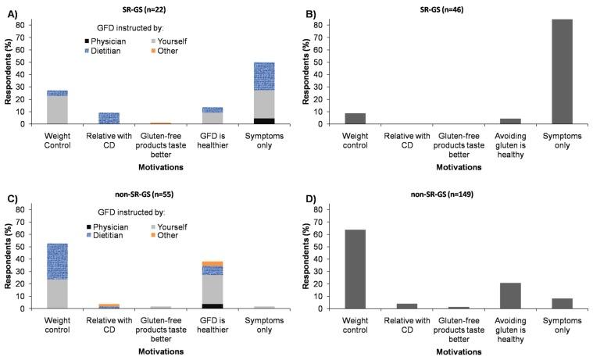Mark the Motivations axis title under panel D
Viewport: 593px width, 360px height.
coord(458,351)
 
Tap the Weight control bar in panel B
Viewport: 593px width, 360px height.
coord(355,119)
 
